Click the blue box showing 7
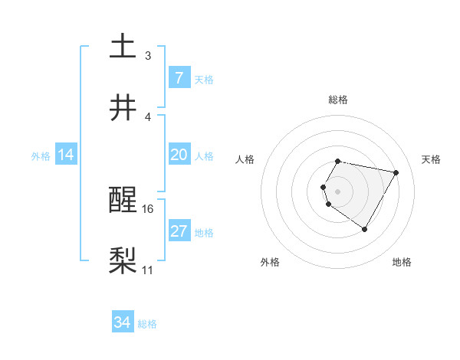[179, 77]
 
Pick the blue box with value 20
[179, 155]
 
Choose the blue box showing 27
[179, 231]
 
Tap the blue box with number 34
[123, 322]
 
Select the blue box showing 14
[66, 155]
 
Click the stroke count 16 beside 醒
[149, 208]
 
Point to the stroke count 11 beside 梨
[148, 270]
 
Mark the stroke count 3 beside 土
[148, 55]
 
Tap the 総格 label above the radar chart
[338, 100]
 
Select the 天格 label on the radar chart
[431, 159]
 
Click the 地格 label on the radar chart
[402, 262]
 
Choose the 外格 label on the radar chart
[270, 262]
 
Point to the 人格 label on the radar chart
[246, 159]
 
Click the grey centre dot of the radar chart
[337, 191]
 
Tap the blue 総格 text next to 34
[147, 324]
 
